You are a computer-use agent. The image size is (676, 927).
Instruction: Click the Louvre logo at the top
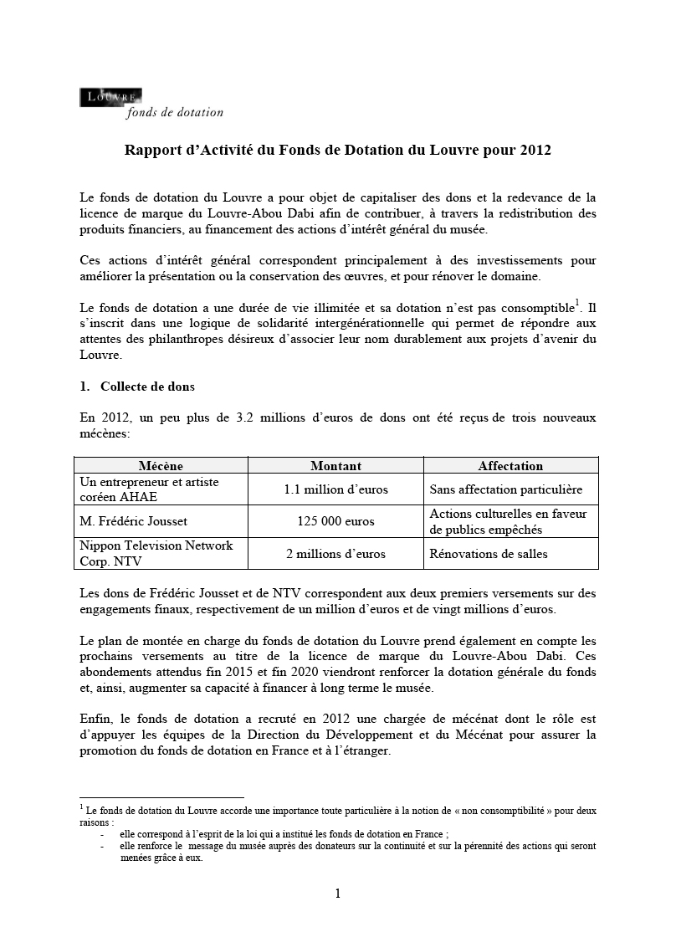pyautogui.click(x=110, y=97)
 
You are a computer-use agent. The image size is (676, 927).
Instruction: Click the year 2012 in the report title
pyautogui.click(x=535, y=151)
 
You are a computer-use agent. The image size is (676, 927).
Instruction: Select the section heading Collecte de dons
pyautogui.click(x=147, y=387)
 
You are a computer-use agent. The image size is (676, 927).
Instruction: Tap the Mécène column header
pyautogui.click(x=160, y=466)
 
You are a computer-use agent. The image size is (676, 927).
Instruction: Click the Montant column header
pyautogui.click(x=335, y=466)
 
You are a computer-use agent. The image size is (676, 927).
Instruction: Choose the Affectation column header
pyautogui.click(x=510, y=466)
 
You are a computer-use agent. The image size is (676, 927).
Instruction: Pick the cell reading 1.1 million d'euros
pyautogui.click(x=335, y=489)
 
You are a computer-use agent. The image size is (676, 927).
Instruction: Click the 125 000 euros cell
pyautogui.click(x=335, y=521)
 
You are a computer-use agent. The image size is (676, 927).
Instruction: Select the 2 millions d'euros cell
pyautogui.click(x=335, y=553)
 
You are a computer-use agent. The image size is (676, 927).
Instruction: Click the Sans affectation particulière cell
pyautogui.click(x=505, y=489)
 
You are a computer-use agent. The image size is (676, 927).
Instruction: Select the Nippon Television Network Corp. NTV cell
pyautogui.click(x=156, y=553)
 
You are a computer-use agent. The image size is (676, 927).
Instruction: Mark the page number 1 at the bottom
pyautogui.click(x=338, y=894)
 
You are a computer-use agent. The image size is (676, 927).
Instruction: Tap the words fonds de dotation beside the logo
pyautogui.click(x=175, y=113)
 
